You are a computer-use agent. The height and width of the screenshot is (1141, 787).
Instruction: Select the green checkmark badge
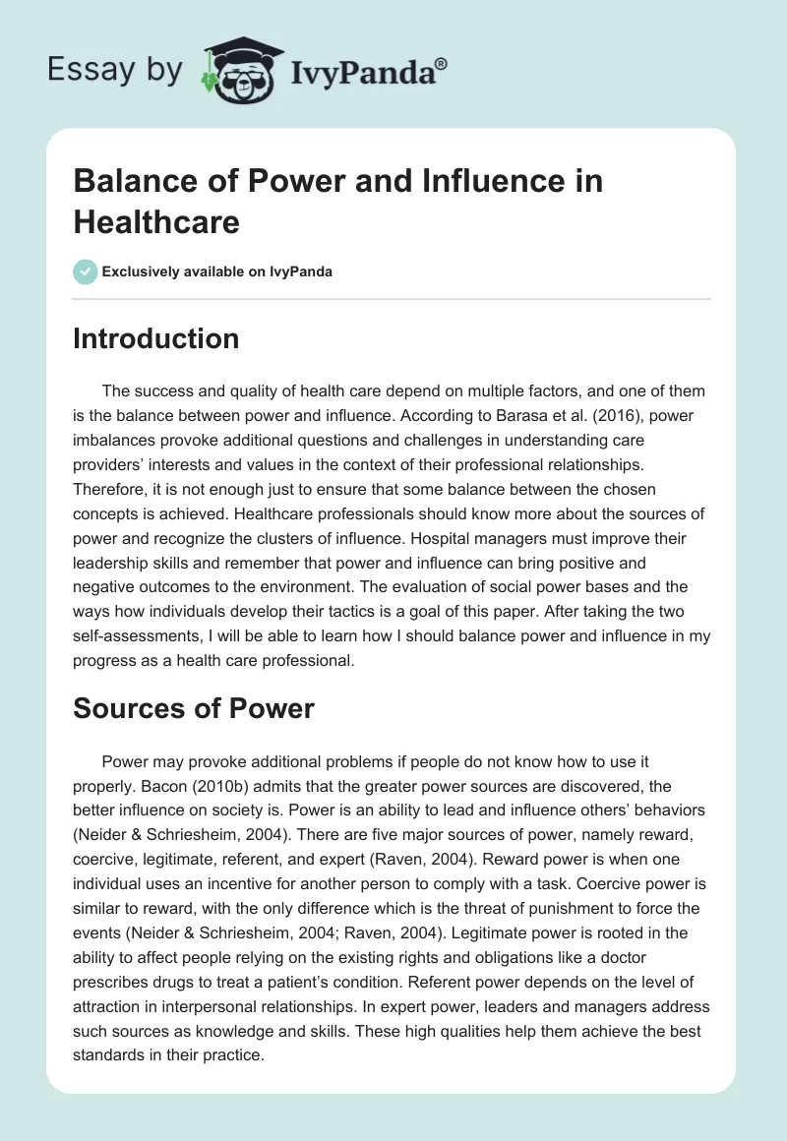point(86,271)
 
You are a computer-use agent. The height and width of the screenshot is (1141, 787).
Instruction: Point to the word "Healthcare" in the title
point(156,222)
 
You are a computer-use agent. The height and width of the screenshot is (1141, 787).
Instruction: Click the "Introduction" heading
point(156,339)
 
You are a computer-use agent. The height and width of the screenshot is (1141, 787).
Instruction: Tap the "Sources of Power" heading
point(194,708)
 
